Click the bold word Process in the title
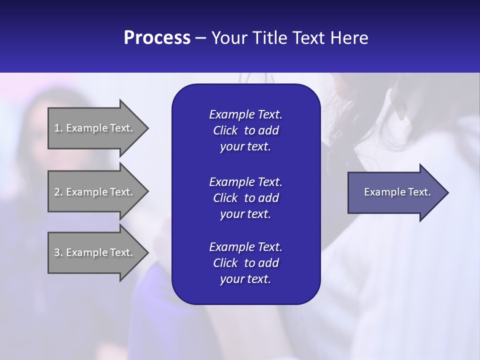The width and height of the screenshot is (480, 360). (157, 37)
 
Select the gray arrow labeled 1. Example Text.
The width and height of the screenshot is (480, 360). (95, 128)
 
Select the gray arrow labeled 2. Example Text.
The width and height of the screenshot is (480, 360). (95, 192)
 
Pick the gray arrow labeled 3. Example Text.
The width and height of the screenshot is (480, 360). (95, 252)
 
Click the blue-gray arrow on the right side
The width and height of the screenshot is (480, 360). (395, 192)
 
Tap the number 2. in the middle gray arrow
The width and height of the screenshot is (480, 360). (58, 192)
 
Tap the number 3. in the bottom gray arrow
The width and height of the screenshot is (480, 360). (58, 252)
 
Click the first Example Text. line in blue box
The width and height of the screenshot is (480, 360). (245, 114)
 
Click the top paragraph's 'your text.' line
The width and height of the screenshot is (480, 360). (245, 147)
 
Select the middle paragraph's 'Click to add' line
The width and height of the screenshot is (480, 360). (245, 198)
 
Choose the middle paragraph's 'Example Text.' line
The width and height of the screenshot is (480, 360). (245, 181)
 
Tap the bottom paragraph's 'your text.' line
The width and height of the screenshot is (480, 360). (245, 279)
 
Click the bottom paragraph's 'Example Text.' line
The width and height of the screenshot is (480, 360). (245, 246)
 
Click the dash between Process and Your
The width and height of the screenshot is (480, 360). (200, 38)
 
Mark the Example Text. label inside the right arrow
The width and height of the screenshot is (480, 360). (397, 192)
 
